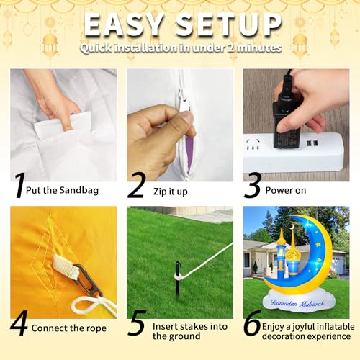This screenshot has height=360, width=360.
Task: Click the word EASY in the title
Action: point(123,24)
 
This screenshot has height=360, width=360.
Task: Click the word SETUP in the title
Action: point(228,24)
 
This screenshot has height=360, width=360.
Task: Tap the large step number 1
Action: point(19,185)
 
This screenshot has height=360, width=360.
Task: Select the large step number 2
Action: point(137,185)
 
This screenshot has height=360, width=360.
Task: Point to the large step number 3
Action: point(253,185)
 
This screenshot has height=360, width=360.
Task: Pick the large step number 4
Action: point(19,323)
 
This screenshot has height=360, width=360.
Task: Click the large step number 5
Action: point(137,323)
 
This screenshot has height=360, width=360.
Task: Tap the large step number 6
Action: point(252,323)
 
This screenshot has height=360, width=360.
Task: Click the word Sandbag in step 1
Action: point(79,190)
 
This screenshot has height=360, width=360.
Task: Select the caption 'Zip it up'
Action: point(171,192)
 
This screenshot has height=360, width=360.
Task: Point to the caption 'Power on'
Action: point(286,190)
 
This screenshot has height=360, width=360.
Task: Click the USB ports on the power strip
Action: point(312,143)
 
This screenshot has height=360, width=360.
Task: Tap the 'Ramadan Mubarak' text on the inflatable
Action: point(297,303)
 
